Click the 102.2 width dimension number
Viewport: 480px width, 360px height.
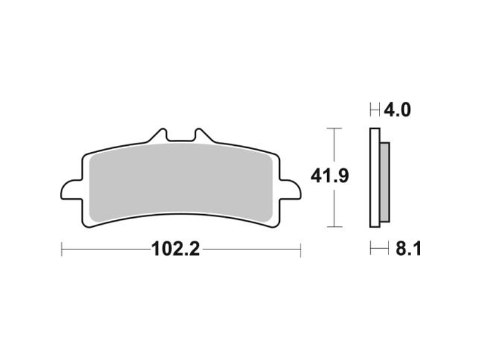point(176,249)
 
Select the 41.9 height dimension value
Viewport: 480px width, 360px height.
point(330,176)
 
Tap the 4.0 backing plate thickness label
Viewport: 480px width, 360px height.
point(397,110)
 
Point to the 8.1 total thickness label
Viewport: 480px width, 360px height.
point(408,249)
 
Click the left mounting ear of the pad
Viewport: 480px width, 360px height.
point(71,190)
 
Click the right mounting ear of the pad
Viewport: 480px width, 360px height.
point(290,190)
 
